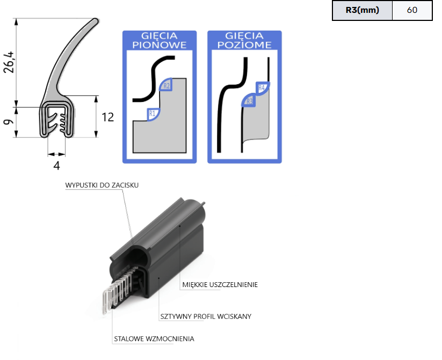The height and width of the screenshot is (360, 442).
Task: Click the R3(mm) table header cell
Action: point(363,10)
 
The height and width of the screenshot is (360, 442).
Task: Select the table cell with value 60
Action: point(412,10)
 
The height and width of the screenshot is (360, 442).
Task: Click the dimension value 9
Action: point(8,122)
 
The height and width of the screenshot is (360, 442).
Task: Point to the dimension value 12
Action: point(107,116)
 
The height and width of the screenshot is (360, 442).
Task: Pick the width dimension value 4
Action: point(56,165)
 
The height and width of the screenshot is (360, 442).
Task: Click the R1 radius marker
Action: point(152,113)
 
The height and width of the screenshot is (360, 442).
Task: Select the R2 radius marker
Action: point(166,85)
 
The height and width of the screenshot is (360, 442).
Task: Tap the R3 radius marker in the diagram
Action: point(249,100)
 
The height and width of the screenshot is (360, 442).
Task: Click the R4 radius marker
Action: point(263,87)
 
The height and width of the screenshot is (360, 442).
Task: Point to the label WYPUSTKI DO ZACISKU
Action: point(102,185)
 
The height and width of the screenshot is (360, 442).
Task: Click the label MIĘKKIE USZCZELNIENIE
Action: point(220,284)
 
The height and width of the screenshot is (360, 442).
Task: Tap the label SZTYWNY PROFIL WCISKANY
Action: point(206,316)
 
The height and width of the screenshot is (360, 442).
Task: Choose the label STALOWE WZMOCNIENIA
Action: point(154,339)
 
